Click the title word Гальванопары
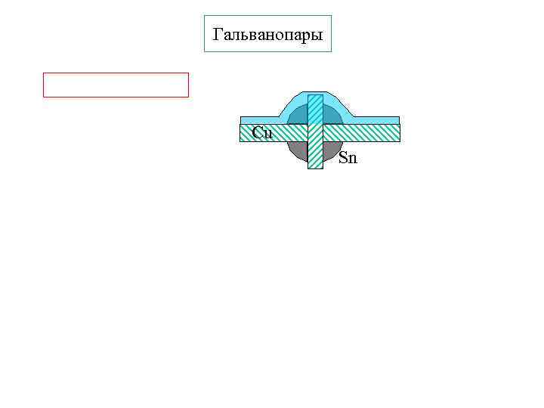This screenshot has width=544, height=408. point(267,35)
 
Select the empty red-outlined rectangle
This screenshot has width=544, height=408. point(116,85)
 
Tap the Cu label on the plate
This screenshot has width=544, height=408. point(262,133)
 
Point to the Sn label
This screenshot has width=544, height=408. point(348,158)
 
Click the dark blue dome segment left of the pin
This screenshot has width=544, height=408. point(299,116)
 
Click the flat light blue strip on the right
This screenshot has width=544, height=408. point(374,120)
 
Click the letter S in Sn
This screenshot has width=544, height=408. point(343,158)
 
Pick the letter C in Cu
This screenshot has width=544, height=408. point(258,133)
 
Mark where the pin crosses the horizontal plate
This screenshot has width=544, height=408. point(315,133)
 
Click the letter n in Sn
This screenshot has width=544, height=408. point(352,159)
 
